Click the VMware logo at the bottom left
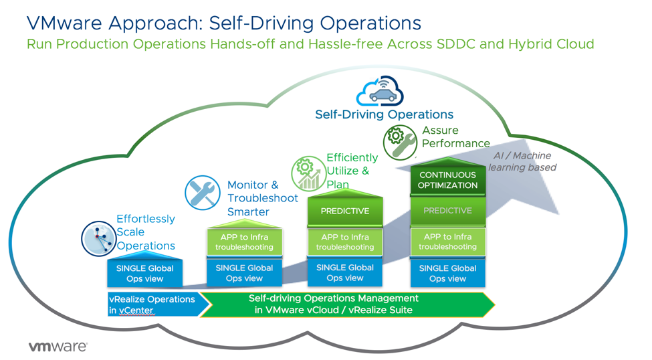coord(58,347)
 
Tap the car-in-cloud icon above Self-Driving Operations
coord(380,92)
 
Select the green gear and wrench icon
coord(400,141)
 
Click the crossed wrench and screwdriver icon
coord(202,193)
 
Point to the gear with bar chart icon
coord(308,173)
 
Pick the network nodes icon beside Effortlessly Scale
coord(98,238)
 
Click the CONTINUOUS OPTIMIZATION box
coord(448,180)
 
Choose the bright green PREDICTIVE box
coord(345,211)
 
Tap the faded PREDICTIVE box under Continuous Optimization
coord(448,211)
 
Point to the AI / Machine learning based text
coord(522,161)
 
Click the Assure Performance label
coord(455,137)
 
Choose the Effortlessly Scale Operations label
coord(146,232)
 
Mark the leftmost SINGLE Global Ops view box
coord(145,273)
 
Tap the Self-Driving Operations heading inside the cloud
coord(384,114)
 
